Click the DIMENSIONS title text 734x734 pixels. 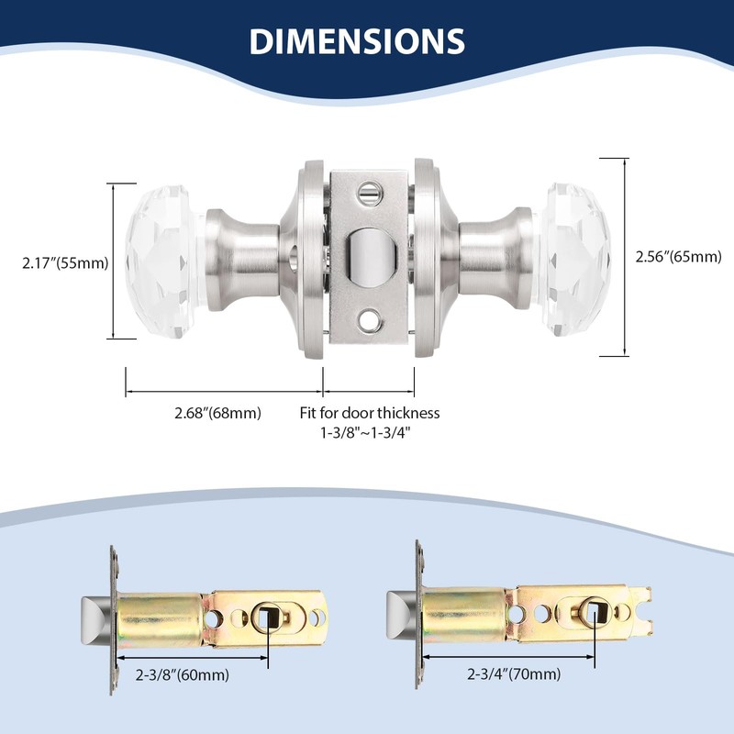pyautogui.click(x=357, y=41)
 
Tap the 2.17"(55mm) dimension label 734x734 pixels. pyautogui.click(x=65, y=262)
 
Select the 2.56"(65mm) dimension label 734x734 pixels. pyautogui.click(x=678, y=257)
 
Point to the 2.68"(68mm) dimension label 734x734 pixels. pyautogui.click(x=217, y=414)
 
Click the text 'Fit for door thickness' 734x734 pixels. pyautogui.click(x=370, y=413)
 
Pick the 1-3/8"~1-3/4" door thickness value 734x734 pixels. pyautogui.click(x=365, y=432)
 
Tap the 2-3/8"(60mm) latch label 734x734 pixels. pyautogui.click(x=183, y=675)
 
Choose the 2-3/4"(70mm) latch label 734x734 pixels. pyautogui.click(x=514, y=674)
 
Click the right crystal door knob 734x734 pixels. pyautogui.click(x=577, y=260)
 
